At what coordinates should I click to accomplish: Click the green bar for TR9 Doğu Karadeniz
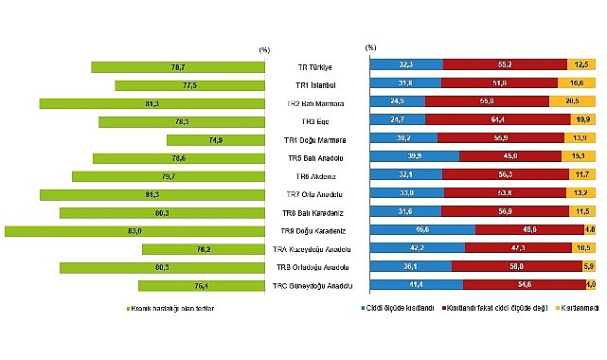coord(134,230)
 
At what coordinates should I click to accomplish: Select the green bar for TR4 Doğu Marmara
coord(214,139)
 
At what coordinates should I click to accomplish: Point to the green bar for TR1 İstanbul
coord(188,85)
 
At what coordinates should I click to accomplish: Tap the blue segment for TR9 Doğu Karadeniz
coord(422,229)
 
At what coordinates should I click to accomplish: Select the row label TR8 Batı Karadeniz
coord(319,212)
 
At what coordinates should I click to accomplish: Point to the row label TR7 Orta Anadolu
coord(318,194)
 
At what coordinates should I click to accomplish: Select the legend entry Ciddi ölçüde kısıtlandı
coord(397,308)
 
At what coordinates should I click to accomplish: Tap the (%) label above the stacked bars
coord(370,46)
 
